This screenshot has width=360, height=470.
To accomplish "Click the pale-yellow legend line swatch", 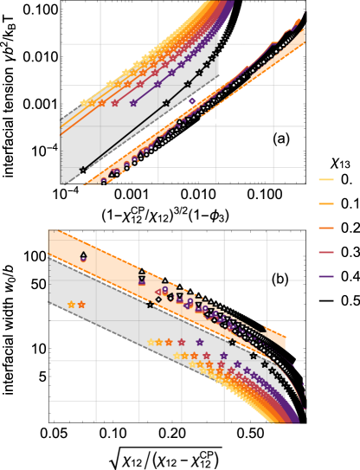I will tap(326, 180).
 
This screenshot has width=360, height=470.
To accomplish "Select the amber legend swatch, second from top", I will tap(326, 204).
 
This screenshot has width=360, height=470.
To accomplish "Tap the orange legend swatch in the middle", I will tap(326, 229).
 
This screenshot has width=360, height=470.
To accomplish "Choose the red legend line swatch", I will tap(326, 253).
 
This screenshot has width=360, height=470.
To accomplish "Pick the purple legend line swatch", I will tap(326, 277).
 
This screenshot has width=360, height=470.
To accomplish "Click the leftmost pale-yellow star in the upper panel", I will tap(84, 102).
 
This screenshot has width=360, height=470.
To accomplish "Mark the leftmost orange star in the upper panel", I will tap(100, 102).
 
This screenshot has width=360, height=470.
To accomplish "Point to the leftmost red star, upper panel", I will tap(114, 102).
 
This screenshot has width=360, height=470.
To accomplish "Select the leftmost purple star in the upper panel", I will tap(133, 102).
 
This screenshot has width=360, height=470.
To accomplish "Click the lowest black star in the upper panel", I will tap(83, 170).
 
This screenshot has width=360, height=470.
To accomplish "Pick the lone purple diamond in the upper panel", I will tap(192, 101).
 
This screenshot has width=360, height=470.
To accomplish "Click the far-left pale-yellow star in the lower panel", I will tap(72, 305).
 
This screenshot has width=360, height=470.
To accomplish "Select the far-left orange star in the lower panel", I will tap(81, 305).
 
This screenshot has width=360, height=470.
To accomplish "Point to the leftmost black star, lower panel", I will tap(150, 305).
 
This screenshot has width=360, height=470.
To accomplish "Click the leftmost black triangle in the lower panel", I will tap(83, 254).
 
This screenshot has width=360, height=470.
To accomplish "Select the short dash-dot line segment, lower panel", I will tap(279, 280).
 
